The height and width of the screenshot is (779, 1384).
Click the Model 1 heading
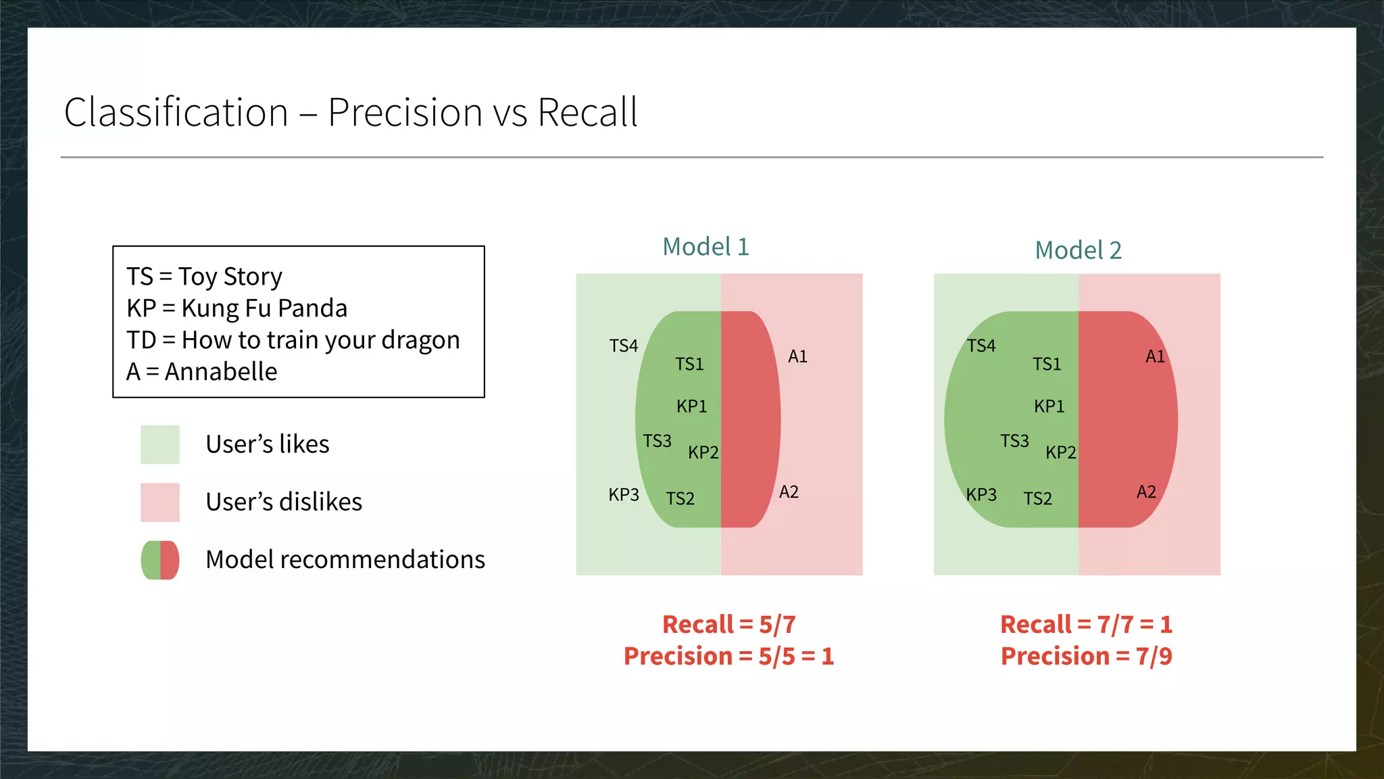pos(706,247)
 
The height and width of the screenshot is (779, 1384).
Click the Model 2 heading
pos(1078,250)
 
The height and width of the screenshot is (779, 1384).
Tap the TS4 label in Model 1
pos(623,346)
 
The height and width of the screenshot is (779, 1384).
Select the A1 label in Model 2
pos(1155,356)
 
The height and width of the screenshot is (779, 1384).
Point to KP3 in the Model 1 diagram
pos(623,494)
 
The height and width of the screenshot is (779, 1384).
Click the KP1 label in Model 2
pos(1049,406)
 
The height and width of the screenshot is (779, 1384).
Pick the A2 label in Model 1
pos(789,492)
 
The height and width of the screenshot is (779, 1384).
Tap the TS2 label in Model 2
pos(1037,498)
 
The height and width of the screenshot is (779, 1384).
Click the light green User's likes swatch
pos(160,444)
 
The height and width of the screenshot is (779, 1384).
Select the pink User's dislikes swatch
pos(160,502)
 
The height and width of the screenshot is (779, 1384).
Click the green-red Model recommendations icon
pos(160,560)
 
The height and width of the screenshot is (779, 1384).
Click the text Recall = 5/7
pos(728,624)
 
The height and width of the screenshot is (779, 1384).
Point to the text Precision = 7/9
pos(1086,656)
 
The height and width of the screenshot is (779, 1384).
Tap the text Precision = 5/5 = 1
pos(728,656)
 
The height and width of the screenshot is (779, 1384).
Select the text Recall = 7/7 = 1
pos(1086,624)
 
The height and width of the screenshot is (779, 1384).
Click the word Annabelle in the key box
pos(221,371)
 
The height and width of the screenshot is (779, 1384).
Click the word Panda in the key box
pos(312,308)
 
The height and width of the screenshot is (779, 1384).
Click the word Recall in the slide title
pos(587,112)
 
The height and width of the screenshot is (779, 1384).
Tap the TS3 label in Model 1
pos(657,441)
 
